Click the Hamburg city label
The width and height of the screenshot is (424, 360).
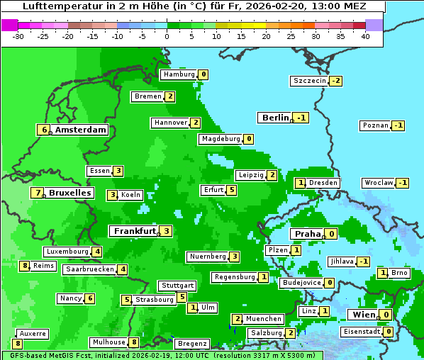pos(179,74)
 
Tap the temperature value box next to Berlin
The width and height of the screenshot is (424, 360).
pos(302,118)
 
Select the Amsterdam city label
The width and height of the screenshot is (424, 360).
pos(80,130)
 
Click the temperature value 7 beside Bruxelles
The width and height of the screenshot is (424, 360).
pos(37,193)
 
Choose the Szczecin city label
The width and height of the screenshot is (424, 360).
pos(310,81)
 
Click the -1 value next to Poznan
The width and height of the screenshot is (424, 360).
pos(398,125)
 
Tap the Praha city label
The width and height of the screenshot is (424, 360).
pos(307,234)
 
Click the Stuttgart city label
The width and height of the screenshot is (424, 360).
pos(177,286)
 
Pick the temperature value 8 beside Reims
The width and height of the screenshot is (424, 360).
pos(25,266)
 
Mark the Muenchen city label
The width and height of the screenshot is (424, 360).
pos(264,319)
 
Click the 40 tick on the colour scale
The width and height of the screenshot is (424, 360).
pos(365,36)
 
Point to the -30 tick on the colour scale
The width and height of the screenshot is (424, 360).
pos(18,36)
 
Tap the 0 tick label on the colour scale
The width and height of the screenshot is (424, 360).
pos(167,36)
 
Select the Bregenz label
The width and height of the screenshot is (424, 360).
pos(191,344)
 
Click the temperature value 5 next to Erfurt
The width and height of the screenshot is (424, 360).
pos(231,190)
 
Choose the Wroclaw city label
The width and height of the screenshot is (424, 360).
pos(378,183)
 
